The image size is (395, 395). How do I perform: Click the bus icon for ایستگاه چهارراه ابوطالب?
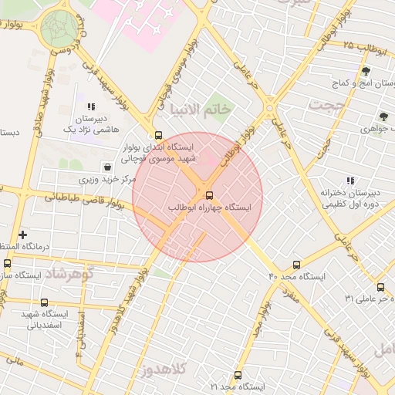tap(208, 194)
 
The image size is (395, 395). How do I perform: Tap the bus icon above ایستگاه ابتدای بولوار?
tap(158, 134)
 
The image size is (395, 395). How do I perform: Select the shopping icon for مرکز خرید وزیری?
tap(106, 167)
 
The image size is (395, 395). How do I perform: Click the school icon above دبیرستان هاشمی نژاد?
tap(91, 107)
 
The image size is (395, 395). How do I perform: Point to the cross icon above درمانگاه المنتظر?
tap(22, 234)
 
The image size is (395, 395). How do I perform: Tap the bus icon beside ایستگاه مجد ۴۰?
tap(297, 265)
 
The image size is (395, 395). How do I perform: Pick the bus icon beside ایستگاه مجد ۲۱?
tap(237, 376)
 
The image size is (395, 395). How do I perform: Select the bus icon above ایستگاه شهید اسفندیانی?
tap(44, 303)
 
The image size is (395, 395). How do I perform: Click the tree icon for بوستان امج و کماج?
tap(365, 71)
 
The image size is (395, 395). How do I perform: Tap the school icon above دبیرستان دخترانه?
tap(350, 181)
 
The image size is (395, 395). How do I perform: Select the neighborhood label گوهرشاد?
tap(69, 275)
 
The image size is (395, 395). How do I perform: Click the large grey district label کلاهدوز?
tap(167, 371)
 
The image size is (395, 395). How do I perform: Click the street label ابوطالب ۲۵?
tap(365, 46)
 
